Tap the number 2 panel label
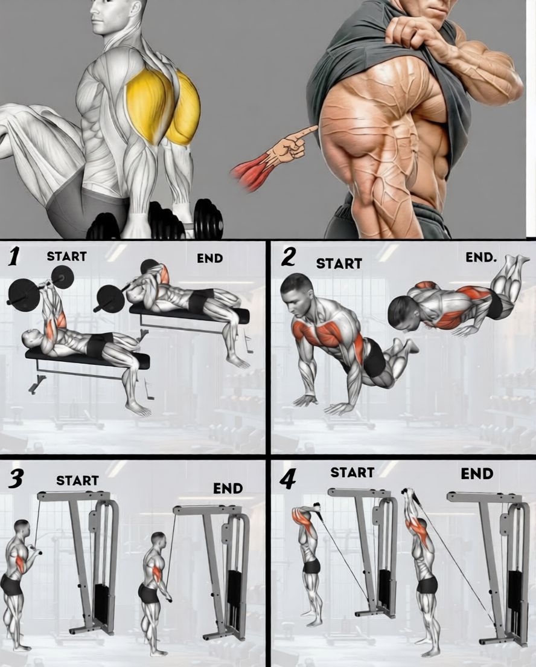click(289, 257)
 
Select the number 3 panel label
click(15, 480)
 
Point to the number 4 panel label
click(288, 480)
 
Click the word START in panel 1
click(67, 257)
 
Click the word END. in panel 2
click(481, 257)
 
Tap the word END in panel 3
click(228, 489)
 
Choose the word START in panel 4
click(353, 472)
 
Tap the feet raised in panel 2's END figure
click(514, 263)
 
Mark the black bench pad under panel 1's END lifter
click(190, 314)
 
